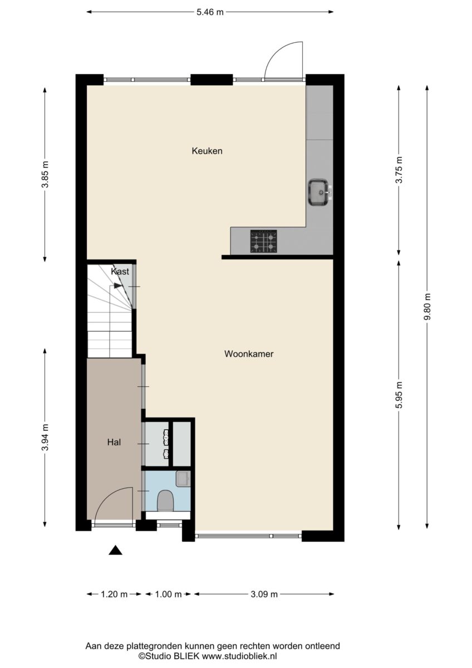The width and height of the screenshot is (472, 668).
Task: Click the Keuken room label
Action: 207,151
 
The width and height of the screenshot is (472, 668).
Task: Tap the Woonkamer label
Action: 249,354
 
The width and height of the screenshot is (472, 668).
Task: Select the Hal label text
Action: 114,442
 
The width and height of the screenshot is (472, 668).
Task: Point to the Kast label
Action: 120,272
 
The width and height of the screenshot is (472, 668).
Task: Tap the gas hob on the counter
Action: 263,241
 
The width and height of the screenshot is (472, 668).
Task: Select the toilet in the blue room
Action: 165,501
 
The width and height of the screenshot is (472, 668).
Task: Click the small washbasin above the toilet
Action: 183,479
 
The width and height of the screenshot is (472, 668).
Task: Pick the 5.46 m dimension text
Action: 210,12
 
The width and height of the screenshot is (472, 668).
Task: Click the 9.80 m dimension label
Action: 427,307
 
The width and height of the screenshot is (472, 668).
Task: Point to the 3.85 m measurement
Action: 45,174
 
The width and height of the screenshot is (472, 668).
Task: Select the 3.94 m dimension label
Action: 45,438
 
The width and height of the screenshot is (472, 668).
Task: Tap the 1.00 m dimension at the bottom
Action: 168,595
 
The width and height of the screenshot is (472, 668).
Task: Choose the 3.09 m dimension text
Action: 264,595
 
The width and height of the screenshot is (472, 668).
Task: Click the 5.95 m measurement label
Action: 399,395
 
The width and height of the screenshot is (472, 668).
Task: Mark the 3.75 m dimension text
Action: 399,170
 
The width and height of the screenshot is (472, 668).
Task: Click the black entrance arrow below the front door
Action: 115,550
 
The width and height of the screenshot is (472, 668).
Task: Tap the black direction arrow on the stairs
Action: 118,286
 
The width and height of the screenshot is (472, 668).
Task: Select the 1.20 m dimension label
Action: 114,595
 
